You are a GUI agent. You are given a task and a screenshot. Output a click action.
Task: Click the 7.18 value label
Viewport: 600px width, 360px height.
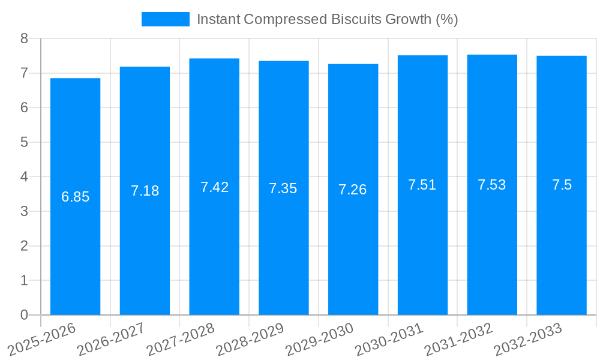[x=145, y=191]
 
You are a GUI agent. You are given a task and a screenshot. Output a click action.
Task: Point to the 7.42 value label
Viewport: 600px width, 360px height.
[x=214, y=187]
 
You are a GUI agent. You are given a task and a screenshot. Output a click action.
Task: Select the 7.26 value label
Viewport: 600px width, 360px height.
[x=353, y=190]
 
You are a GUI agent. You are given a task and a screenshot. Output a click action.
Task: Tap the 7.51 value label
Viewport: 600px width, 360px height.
[x=422, y=185]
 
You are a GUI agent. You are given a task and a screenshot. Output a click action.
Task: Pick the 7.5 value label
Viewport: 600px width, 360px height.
[x=562, y=185]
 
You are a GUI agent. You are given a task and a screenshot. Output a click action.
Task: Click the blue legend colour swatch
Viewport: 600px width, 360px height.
[x=165, y=19]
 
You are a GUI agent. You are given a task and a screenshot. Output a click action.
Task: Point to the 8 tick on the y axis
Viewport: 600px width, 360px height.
[x=24, y=38]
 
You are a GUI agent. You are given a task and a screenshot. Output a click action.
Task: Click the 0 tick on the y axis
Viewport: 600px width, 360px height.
[x=24, y=314]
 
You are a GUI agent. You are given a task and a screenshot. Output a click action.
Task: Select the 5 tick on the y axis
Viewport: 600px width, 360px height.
[x=24, y=142]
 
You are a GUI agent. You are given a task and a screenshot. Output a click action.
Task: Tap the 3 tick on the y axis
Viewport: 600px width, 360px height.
[x=24, y=211]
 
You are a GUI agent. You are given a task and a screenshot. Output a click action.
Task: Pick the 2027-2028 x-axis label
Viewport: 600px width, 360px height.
[x=181, y=340]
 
